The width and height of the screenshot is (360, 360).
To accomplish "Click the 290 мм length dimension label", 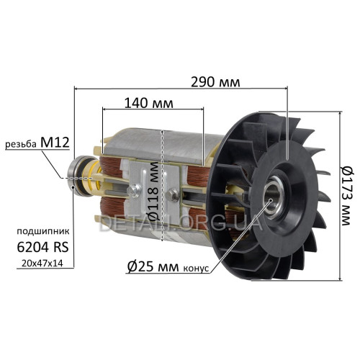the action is [x=215, y=82].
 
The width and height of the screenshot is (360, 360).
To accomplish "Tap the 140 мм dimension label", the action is [x=149, y=103].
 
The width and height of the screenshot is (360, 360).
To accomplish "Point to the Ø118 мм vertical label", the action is [x=154, y=192].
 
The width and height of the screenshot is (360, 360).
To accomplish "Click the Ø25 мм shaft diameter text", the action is [x=153, y=266].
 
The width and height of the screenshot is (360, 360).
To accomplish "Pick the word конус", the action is [x=196, y=269].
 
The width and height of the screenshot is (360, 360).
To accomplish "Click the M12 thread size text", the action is [x=55, y=143].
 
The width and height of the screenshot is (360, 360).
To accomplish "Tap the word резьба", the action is [x=21, y=144].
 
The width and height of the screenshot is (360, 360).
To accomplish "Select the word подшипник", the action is [x=43, y=232].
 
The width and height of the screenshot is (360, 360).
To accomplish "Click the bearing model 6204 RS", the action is [x=43, y=247].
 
